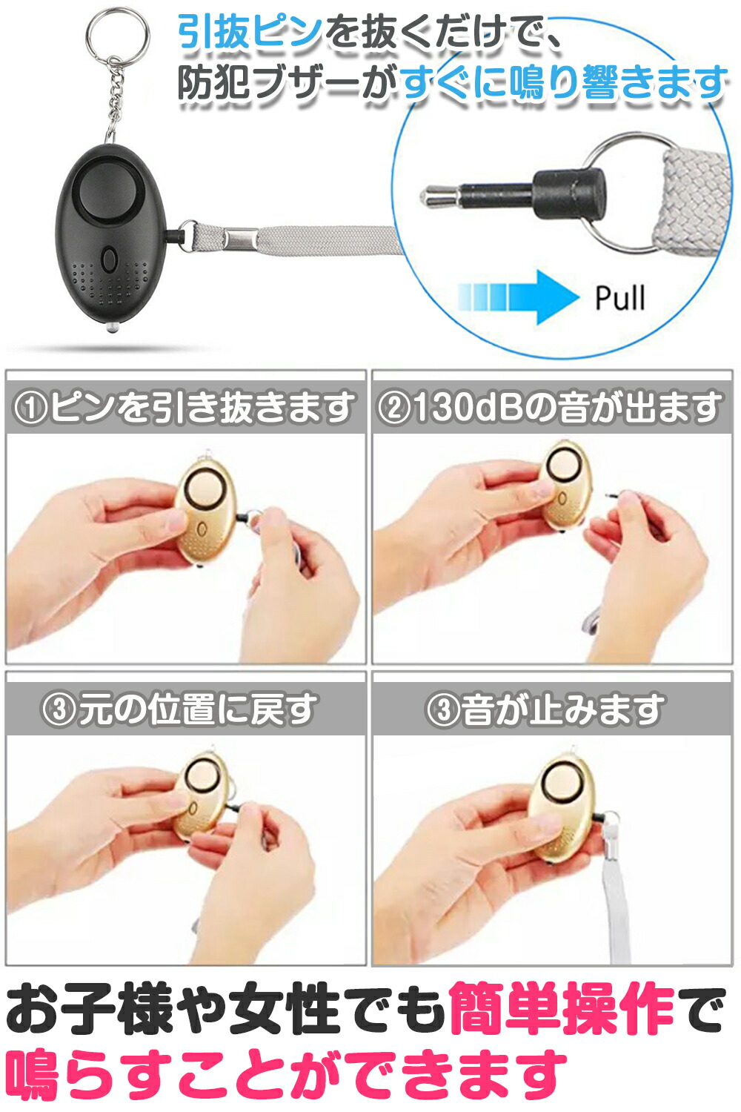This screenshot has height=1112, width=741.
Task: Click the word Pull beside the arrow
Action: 620,298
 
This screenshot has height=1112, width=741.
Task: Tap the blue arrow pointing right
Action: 518,297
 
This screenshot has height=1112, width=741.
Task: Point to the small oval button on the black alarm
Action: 109,259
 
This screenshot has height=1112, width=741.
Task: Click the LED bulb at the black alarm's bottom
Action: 112,327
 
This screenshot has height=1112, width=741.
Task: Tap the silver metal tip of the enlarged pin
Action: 440,194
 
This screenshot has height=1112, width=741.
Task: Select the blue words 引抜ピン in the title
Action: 250,32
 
